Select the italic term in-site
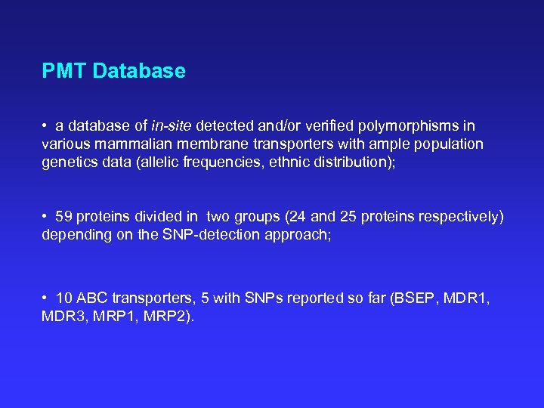[x=175, y=126]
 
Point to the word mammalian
[x=133, y=144]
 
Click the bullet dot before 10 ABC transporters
[x=46, y=298]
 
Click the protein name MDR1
[x=466, y=298]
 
